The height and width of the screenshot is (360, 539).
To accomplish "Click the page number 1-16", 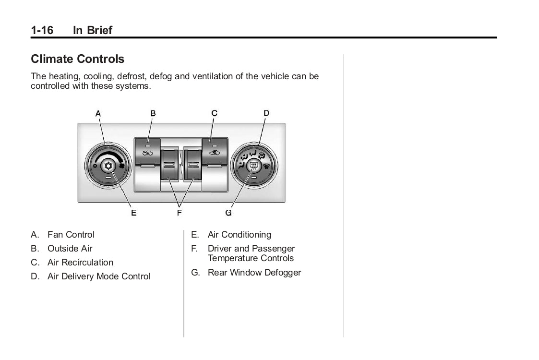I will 42,30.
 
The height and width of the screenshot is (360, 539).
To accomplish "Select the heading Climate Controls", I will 77,59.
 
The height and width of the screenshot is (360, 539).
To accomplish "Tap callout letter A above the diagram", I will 98,113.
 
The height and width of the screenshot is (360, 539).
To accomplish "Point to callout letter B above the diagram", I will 153,113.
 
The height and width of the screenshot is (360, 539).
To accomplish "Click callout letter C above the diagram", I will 214,113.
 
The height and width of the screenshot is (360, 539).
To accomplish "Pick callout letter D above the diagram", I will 266,113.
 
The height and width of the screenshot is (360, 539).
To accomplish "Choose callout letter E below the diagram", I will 133,212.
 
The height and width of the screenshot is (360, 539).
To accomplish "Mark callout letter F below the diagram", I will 179,212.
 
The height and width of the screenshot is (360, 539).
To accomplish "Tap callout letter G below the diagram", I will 228,212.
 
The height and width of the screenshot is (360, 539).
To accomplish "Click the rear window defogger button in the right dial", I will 254,167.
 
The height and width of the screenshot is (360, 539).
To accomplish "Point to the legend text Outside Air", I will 70,249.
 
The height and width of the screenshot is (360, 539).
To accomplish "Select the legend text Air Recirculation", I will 80,263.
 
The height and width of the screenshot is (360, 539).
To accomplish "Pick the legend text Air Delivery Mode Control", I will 98,276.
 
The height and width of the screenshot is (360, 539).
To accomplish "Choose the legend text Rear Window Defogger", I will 254,273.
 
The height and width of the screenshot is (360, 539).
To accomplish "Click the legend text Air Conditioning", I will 239,235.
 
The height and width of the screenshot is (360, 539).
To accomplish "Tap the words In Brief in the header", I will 92,30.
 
